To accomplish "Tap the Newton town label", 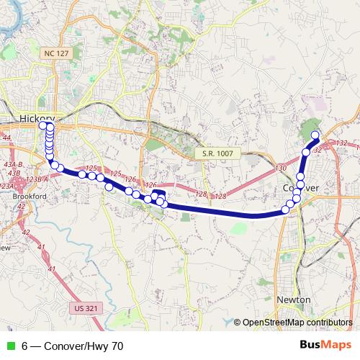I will [x=293, y=300].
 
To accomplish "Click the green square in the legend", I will [x=10, y=346].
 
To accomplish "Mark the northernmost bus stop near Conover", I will [x=315, y=135].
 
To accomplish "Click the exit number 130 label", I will [x=281, y=168].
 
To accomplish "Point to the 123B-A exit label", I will [x=37, y=179].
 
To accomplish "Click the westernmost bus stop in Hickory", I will [x=42, y=126].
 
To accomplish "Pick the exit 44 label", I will [x=6, y=137].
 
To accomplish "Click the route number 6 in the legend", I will [x=25, y=346].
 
